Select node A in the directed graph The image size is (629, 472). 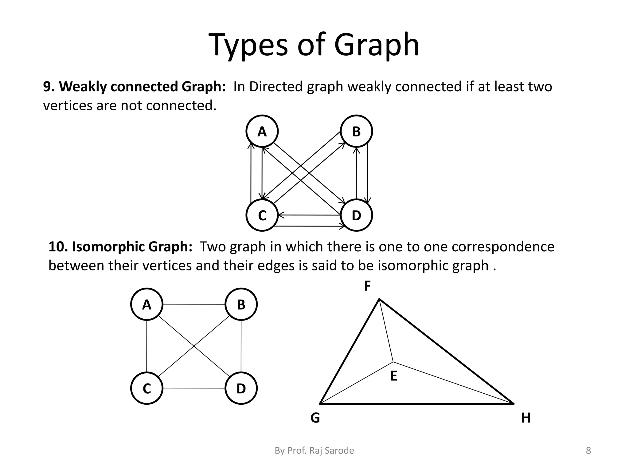pyautogui.click(x=262, y=131)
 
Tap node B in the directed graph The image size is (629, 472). pyautogui.click(x=356, y=131)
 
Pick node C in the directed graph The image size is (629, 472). pyautogui.click(x=262, y=215)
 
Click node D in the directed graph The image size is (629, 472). pyautogui.click(x=356, y=215)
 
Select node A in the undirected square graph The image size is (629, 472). pyautogui.click(x=147, y=304)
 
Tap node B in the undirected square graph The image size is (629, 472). pyautogui.click(x=241, y=304)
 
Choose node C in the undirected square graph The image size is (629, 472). pyautogui.click(x=147, y=388)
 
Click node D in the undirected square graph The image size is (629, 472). pyautogui.click(x=241, y=388)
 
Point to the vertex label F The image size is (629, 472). pyautogui.click(x=367, y=286)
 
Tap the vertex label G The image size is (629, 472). pyautogui.click(x=315, y=418)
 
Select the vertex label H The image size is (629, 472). pyautogui.click(x=526, y=418)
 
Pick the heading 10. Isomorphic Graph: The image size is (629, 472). pyautogui.click(x=120, y=246)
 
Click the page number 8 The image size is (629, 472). pyautogui.click(x=588, y=450)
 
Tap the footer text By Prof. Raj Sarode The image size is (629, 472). pyautogui.click(x=314, y=450)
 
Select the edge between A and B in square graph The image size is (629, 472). pyautogui.click(x=194, y=304)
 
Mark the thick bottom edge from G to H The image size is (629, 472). pyautogui.click(x=417, y=403)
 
